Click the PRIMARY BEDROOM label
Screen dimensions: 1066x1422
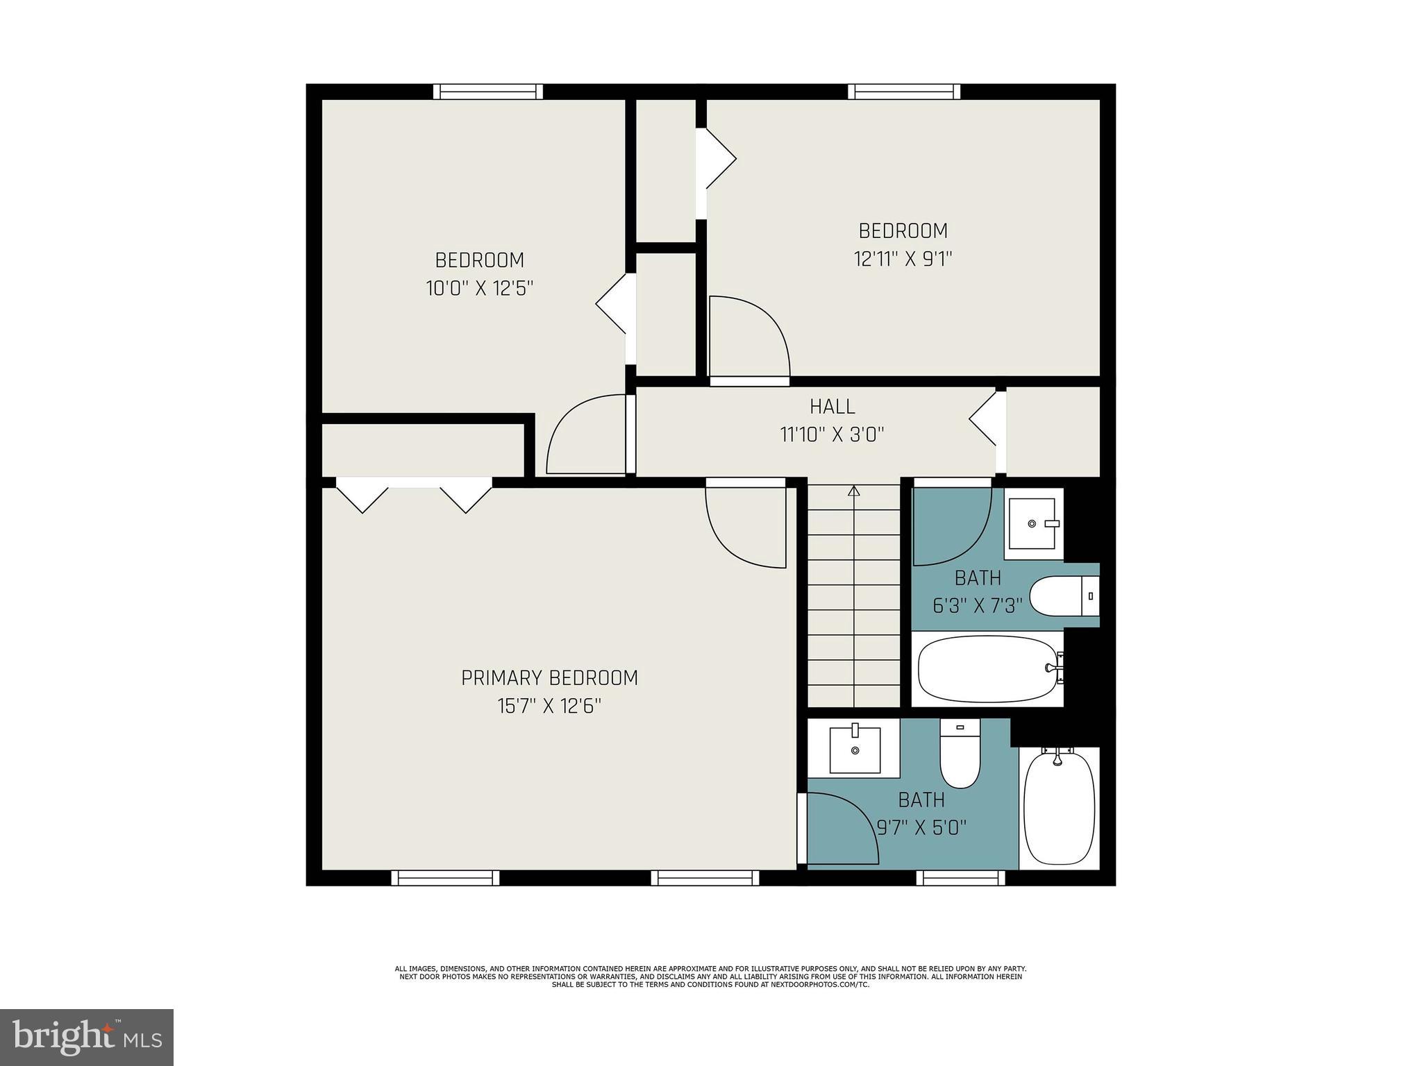point(549,678)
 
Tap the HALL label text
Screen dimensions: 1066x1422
point(832,407)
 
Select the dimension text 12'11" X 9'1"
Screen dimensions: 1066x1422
point(902,259)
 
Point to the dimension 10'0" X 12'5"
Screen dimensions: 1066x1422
point(479,289)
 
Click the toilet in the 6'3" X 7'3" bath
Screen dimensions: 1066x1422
point(1062,596)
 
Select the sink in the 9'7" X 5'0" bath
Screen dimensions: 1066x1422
point(855,750)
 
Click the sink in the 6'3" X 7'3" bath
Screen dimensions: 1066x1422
point(1033,524)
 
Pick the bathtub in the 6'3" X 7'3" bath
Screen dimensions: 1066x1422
point(988,669)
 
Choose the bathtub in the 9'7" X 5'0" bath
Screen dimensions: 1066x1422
point(1059,809)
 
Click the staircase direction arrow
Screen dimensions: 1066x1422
point(854,491)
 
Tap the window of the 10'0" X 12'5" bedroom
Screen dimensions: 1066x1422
point(488,92)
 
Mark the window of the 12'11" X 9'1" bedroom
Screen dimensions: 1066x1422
point(903,92)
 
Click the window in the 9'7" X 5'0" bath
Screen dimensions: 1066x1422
point(960,878)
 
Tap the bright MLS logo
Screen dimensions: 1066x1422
point(87,1037)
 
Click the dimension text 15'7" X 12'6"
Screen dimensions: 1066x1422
point(549,707)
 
